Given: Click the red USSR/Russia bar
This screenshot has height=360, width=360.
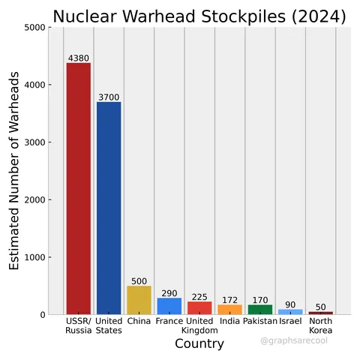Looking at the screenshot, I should pos(79,187).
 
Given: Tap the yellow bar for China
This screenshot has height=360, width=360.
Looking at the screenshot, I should pos(139,300).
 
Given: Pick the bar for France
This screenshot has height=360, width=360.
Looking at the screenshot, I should pos(169,306).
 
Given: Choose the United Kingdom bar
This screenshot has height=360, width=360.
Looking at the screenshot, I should pos(199,307).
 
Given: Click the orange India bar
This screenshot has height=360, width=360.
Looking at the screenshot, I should pos(229,309).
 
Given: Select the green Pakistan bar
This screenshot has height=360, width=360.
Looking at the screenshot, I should pos(260,309).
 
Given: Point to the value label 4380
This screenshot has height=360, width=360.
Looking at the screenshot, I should pos(79,58).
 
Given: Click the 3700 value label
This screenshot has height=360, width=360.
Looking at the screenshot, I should pos(109,97).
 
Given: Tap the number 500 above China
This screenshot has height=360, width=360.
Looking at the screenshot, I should pos(139,281).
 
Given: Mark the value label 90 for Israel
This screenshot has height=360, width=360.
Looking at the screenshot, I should pos(290,304).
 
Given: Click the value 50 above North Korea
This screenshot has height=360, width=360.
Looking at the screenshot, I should pos(321,307).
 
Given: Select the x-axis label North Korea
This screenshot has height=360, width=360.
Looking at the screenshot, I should pos(321,325).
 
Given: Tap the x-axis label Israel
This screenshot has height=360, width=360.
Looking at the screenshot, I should pos(290,321).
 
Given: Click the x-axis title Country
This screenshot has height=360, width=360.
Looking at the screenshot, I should pos(199,343).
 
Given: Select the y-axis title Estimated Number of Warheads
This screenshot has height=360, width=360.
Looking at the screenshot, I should pos(14,171).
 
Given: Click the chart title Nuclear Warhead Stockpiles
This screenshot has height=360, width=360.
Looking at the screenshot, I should pos(199,16).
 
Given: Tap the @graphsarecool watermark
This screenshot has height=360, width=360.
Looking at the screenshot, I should pos(294,340).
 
